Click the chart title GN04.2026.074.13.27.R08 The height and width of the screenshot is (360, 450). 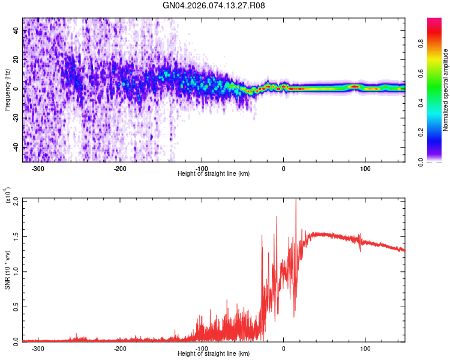pyautogui.click(x=214, y=5)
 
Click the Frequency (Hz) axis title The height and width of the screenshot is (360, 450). pyautogui.click(x=7, y=90)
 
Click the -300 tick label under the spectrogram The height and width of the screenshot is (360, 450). pyautogui.click(x=38, y=169)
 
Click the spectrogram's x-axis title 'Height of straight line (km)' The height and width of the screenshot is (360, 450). pyautogui.click(x=214, y=174)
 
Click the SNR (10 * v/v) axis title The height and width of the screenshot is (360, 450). pyautogui.click(x=7, y=270)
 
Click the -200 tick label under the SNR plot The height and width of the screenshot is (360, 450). pyautogui.click(x=120, y=349)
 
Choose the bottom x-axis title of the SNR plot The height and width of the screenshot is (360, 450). pyautogui.click(x=214, y=354)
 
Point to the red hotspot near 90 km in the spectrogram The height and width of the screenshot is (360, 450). pyautogui.click(x=355, y=87)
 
